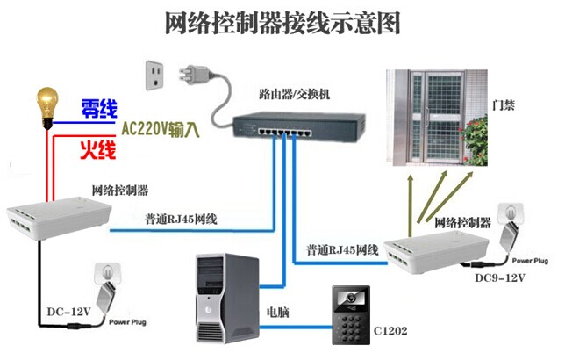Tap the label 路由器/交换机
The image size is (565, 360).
(296, 90)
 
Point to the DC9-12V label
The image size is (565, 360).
(502, 279)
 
